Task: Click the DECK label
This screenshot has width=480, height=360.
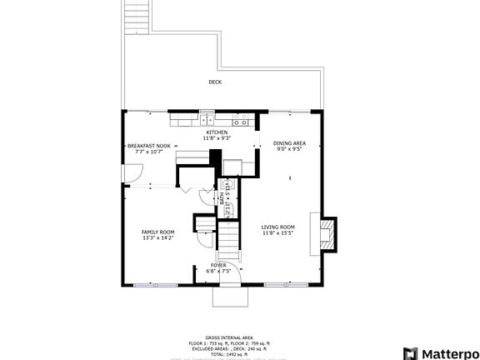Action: (x=215, y=82)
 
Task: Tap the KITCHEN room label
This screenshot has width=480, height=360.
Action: (x=217, y=132)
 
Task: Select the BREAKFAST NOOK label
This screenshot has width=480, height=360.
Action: (x=149, y=145)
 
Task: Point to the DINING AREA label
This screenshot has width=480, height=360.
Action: (x=290, y=143)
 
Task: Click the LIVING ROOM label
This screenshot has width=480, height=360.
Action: (x=278, y=227)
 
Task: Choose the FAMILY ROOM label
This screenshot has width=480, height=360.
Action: (x=157, y=232)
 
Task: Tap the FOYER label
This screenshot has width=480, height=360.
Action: (x=217, y=265)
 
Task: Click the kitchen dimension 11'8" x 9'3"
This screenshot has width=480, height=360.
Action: (x=217, y=138)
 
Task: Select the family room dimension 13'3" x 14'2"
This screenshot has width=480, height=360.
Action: (x=157, y=238)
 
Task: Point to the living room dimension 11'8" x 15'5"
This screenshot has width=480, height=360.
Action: (x=278, y=233)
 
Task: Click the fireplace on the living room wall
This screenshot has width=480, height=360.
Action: (x=327, y=233)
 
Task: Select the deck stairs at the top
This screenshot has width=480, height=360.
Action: (x=137, y=17)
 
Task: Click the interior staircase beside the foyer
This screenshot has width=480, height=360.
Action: (x=228, y=242)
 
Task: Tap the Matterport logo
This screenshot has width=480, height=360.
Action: (x=441, y=352)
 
